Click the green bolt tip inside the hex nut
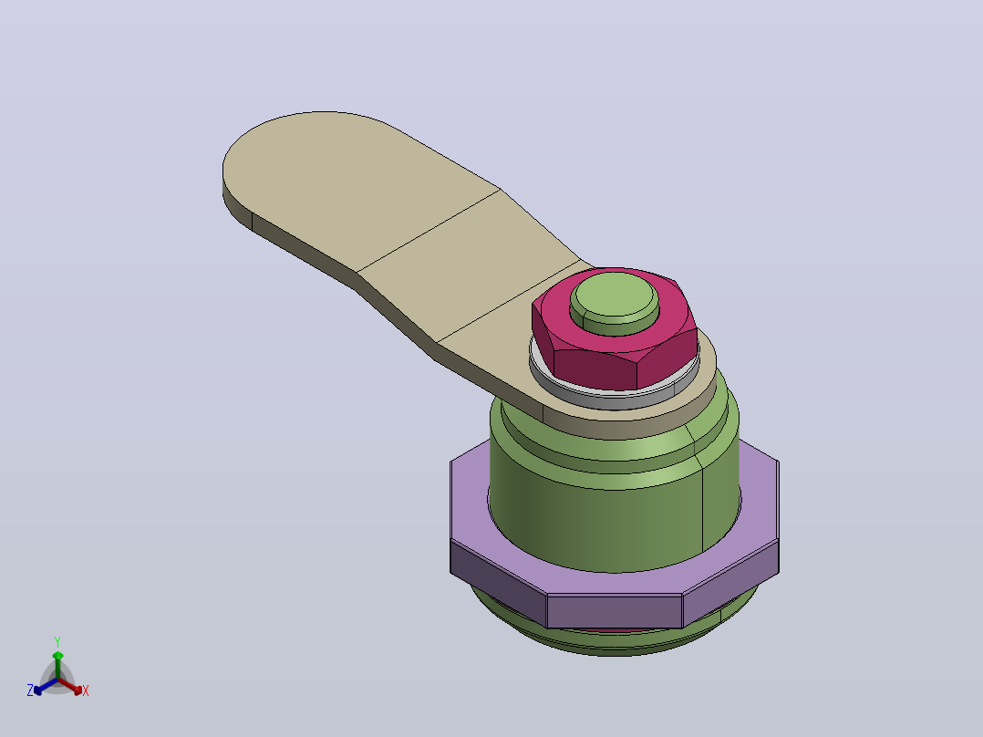pyautogui.click(x=615, y=303)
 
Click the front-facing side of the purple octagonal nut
pyautogui.click(x=615, y=611)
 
